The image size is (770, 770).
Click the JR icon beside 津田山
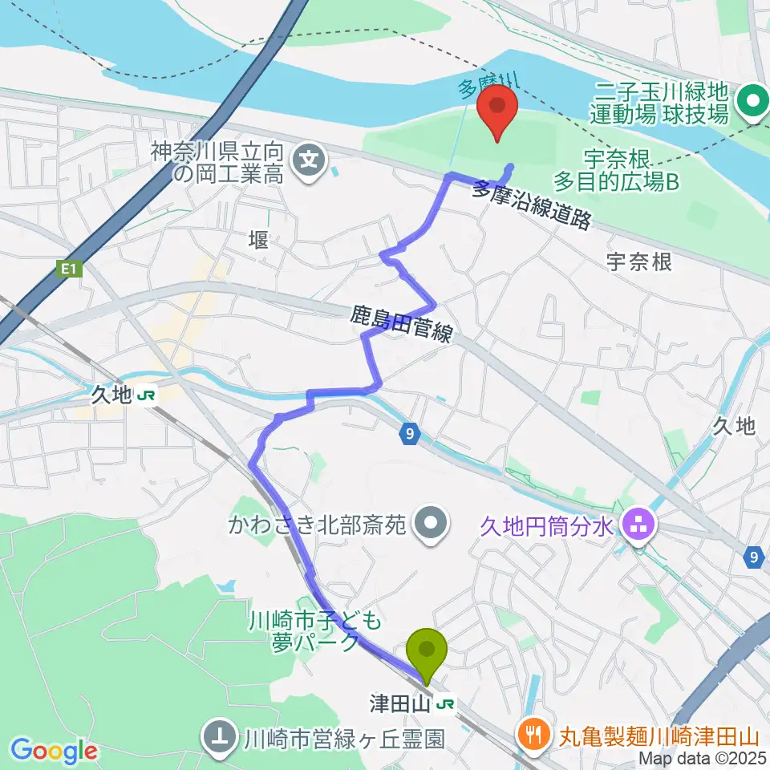(x=448, y=705)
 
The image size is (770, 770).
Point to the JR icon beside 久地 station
(x=146, y=395)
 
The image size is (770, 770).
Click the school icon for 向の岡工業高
(x=308, y=160)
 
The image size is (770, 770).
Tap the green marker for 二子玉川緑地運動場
(x=753, y=102)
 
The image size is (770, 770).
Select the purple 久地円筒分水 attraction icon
(x=639, y=527)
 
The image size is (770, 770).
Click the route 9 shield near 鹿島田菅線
(x=410, y=435)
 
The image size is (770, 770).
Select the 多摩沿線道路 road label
(x=532, y=206)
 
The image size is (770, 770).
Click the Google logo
(x=54, y=751)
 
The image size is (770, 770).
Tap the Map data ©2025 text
(x=703, y=758)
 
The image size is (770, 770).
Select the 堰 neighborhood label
(x=258, y=239)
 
